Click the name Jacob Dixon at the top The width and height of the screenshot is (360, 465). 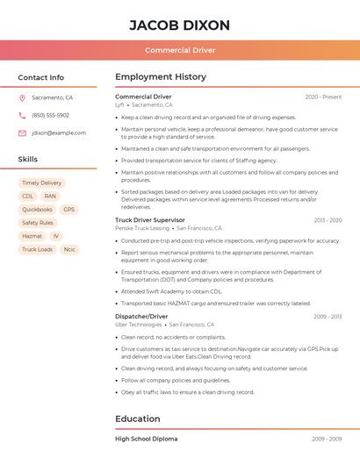tap(180, 25)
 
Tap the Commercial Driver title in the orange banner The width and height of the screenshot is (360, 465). tap(180, 50)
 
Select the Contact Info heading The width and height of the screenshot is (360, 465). tap(41, 77)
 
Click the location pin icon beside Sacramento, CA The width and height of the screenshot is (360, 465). tap(22, 98)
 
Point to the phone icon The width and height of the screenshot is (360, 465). tap(22, 116)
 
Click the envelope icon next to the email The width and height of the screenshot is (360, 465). tap(22, 133)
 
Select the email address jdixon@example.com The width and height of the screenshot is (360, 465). tap(59, 133)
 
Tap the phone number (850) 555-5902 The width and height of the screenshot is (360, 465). tap(50, 116)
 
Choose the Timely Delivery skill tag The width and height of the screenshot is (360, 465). tap(42, 183)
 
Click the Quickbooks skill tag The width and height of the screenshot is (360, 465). tap(37, 210)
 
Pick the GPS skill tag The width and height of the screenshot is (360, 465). tap(68, 210)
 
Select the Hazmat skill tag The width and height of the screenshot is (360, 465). tap(32, 236)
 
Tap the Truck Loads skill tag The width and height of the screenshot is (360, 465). tap(37, 249)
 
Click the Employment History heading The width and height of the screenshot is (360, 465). tap(161, 77)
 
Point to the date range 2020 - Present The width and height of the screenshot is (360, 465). tap(323, 97)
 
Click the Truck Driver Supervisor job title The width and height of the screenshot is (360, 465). tap(150, 220)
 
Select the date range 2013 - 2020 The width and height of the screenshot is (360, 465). tap(328, 220)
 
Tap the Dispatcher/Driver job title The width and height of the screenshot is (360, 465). tap(141, 316)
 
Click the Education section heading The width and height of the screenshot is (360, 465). tap(137, 418)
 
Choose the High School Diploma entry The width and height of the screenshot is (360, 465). tap(147, 439)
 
